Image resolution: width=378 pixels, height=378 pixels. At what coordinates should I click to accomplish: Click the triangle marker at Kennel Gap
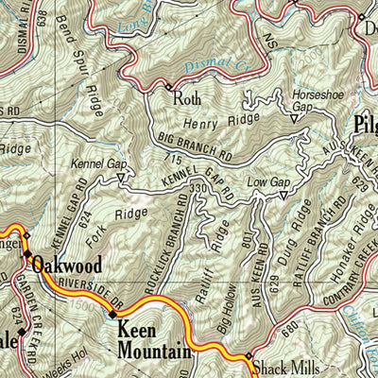120,175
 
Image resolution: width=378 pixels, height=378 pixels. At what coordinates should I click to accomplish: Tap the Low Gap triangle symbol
282,196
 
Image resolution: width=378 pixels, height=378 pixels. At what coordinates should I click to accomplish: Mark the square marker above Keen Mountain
113,314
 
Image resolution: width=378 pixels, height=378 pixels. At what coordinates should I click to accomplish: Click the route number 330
197,190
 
